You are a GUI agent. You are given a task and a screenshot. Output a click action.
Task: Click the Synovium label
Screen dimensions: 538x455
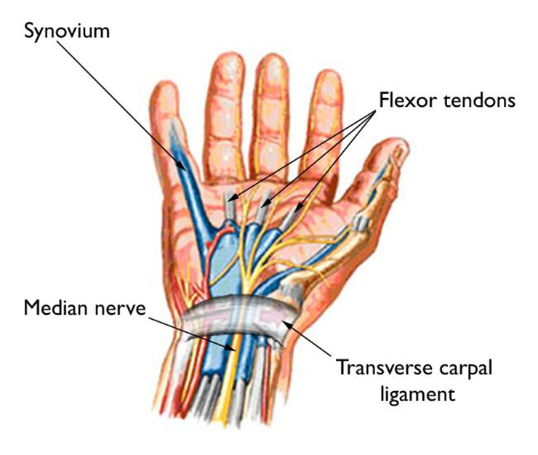[67, 31]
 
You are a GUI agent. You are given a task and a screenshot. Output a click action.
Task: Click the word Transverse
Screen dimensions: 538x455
[385, 368]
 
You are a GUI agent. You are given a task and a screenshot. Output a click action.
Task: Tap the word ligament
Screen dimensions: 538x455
[418, 395]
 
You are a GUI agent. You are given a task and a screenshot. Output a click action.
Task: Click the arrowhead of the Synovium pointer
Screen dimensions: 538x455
[182, 166]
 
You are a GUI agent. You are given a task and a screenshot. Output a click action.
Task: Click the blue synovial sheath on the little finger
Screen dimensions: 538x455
[187, 178]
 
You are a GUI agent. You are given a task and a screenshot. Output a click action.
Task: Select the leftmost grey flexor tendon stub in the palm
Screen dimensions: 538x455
[229, 206]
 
